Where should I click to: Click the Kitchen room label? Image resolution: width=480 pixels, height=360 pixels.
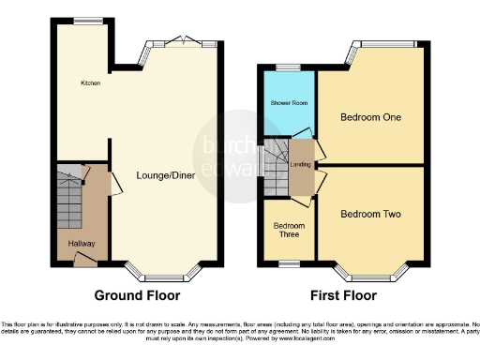click(x=90, y=83)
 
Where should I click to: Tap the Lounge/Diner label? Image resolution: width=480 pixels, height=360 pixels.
click(x=165, y=175)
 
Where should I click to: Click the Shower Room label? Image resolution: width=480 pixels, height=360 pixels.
click(x=288, y=103)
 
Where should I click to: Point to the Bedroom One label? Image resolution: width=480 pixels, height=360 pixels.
click(x=371, y=118)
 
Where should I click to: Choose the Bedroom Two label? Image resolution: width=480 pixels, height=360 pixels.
click(x=370, y=215)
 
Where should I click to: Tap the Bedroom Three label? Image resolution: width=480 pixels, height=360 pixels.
click(x=289, y=230)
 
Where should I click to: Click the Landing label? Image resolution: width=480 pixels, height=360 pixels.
click(x=301, y=165)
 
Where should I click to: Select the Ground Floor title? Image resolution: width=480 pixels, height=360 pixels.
click(x=138, y=295)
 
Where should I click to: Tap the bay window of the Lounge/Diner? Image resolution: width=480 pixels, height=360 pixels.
click(x=166, y=273)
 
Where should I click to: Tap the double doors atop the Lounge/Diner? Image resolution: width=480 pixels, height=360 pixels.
click(x=180, y=41)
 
